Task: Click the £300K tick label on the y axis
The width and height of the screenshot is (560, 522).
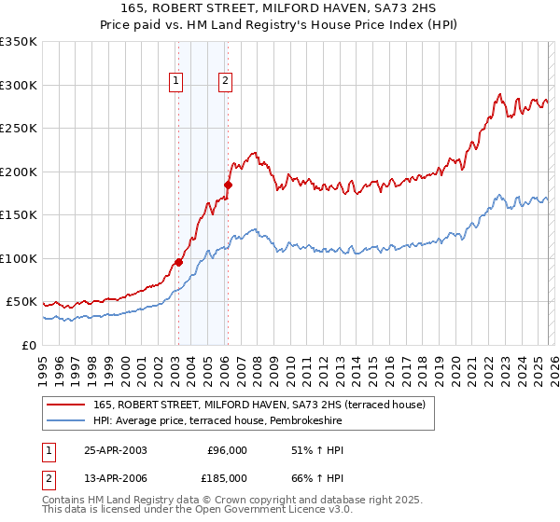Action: pos(19,85)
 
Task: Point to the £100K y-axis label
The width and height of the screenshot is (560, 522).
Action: pos(19,258)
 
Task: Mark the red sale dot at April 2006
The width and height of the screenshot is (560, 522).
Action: pos(228,185)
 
